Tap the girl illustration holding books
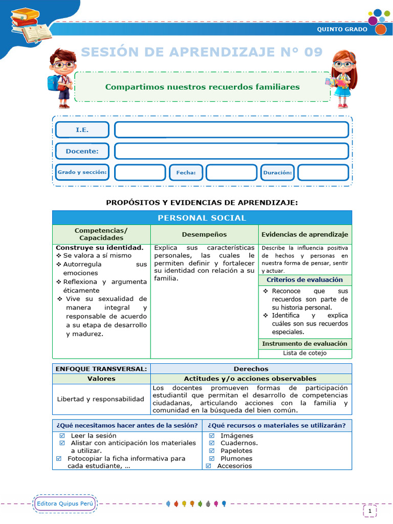[x=341, y=78]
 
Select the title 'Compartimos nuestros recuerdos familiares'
[x=202, y=87]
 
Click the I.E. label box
[x=82, y=130]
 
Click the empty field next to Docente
[x=231, y=151]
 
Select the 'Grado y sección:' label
[x=82, y=172]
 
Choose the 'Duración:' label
[x=277, y=173]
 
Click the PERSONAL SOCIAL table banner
[x=202, y=218]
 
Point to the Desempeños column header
[x=204, y=234]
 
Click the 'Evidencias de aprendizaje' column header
[x=304, y=234]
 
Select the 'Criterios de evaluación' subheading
[x=304, y=280]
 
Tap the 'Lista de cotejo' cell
[x=304, y=353]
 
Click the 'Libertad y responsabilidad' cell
[x=101, y=399]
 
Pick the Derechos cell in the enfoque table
[x=251, y=369]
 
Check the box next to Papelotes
[x=212, y=451]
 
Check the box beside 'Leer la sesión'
[x=62, y=435]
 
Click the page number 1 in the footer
[x=370, y=510]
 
